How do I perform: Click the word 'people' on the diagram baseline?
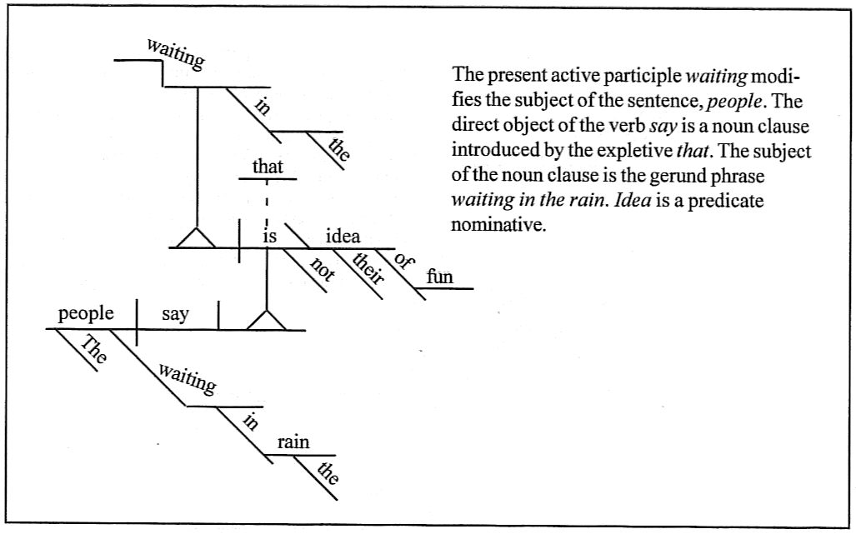coord(86,314)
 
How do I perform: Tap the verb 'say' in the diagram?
coord(175,315)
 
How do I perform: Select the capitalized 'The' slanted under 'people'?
coord(93,351)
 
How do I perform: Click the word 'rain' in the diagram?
coord(293,442)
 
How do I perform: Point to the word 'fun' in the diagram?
coord(439,277)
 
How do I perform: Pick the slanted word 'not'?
coord(321,270)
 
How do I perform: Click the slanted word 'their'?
coord(368,268)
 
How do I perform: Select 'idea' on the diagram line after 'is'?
coord(343,237)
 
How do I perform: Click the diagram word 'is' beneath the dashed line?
coord(269,237)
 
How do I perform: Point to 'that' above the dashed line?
coord(268,167)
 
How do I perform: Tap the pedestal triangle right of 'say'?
coord(266,321)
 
